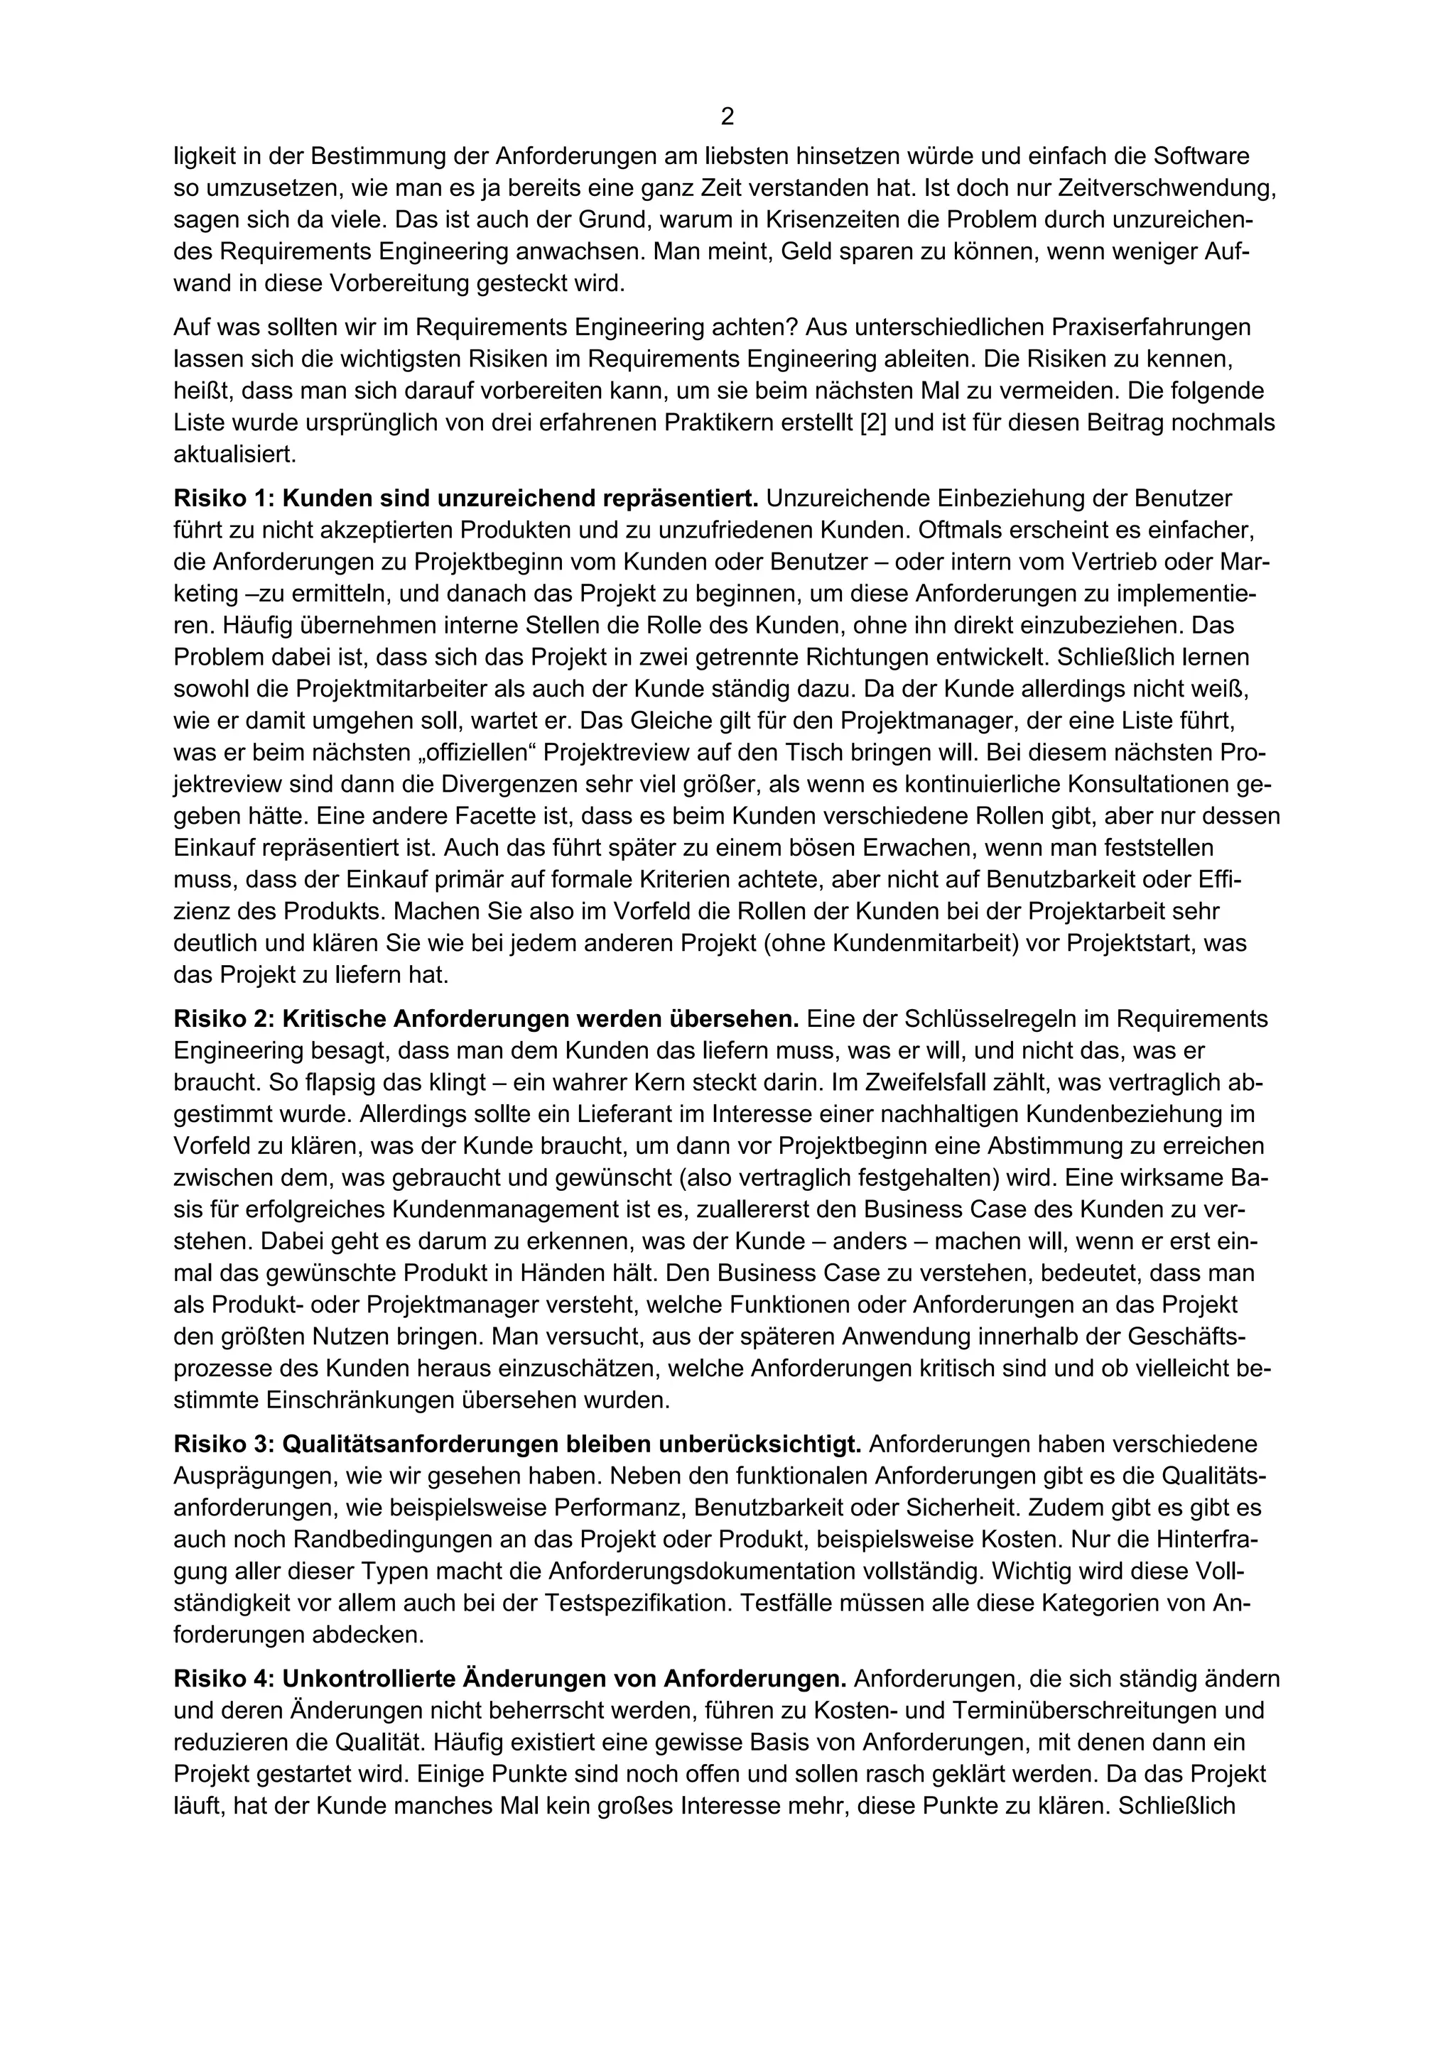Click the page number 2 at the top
coord(727,116)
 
